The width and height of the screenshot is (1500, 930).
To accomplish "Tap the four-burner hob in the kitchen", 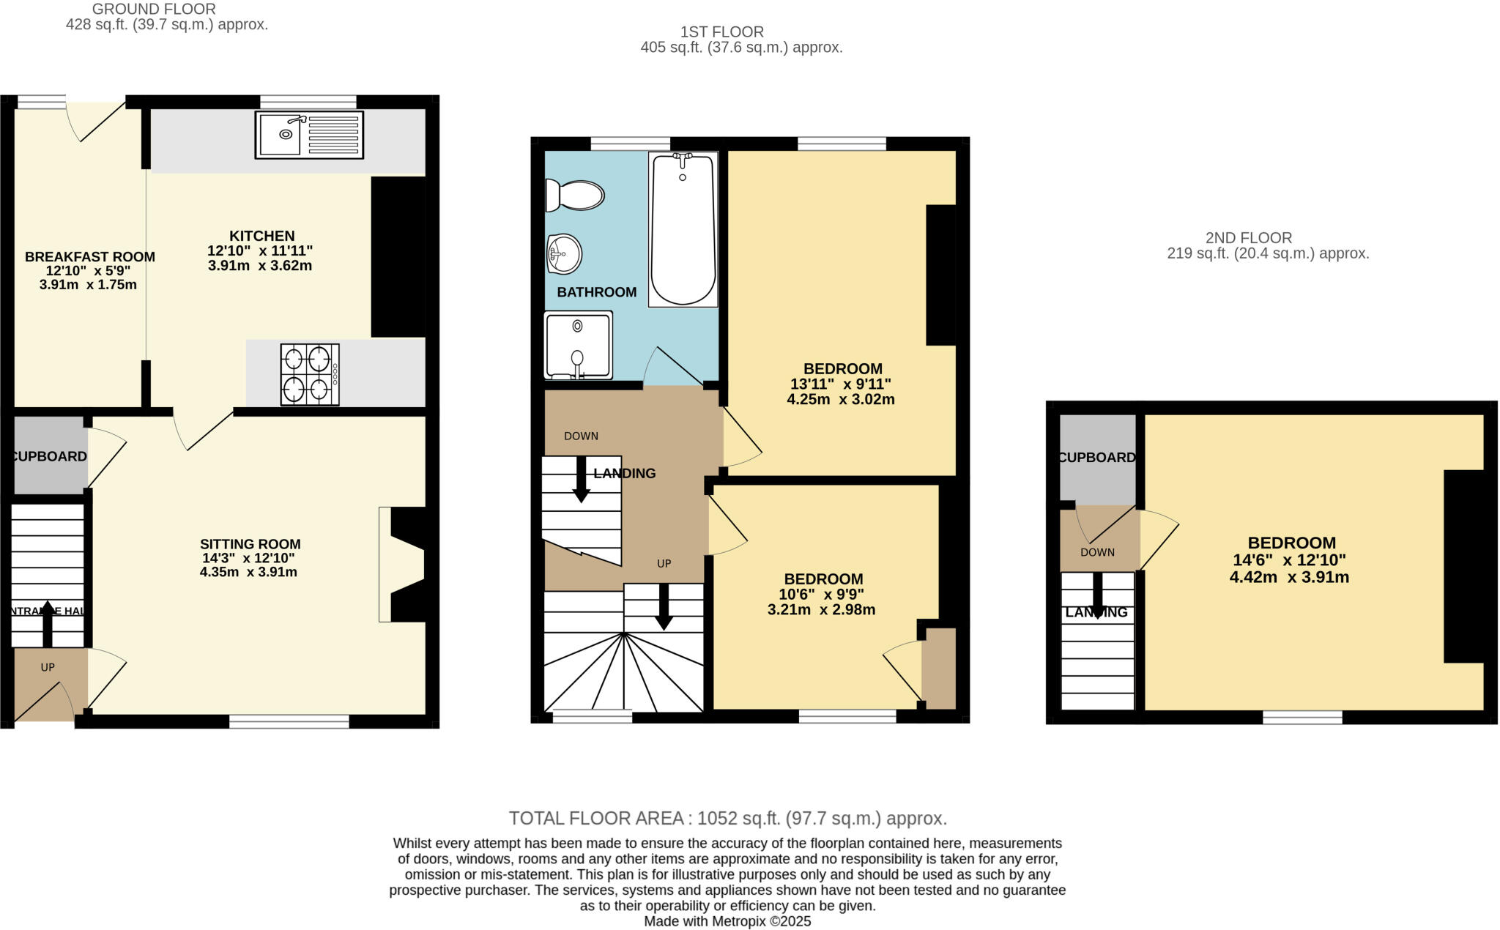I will coord(309,374).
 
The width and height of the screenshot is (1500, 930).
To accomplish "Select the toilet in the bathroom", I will coord(576,196).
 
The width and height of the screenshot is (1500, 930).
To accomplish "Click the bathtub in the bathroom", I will coord(683,228).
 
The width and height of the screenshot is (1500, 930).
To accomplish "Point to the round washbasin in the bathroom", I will coord(564,254).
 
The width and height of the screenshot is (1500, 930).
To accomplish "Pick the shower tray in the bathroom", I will coord(578,345).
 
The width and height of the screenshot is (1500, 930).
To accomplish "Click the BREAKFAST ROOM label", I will coord(89,257).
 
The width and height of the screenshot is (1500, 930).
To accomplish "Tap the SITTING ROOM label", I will coord(250,544).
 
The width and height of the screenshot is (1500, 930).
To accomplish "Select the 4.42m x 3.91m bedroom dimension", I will coord(1289,577).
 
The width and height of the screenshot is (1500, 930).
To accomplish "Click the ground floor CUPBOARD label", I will coord(49,456).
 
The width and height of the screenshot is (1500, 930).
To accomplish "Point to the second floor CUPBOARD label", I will coord(1096,458).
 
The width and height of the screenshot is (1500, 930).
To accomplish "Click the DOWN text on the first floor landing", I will coord(581,436).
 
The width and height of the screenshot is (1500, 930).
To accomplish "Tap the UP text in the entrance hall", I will coord(48,667).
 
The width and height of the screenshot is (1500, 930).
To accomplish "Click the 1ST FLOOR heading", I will coord(721,31).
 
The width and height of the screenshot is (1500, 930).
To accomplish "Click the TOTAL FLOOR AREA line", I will coord(727,818).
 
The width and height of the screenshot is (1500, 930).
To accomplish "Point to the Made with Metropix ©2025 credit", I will coord(727,921).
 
